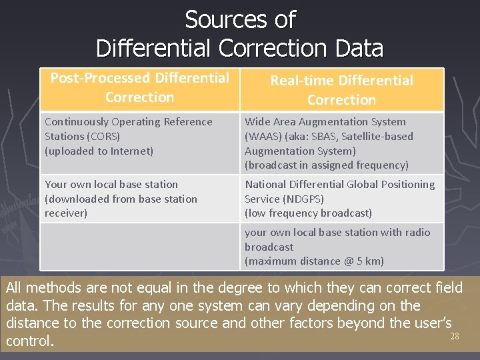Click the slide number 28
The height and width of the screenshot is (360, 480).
[x=455, y=337]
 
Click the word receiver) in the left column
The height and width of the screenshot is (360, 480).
[x=66, y=213]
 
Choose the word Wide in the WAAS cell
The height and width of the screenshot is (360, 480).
[x=257, y=122]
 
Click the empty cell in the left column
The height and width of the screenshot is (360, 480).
[x=139, y=246]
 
